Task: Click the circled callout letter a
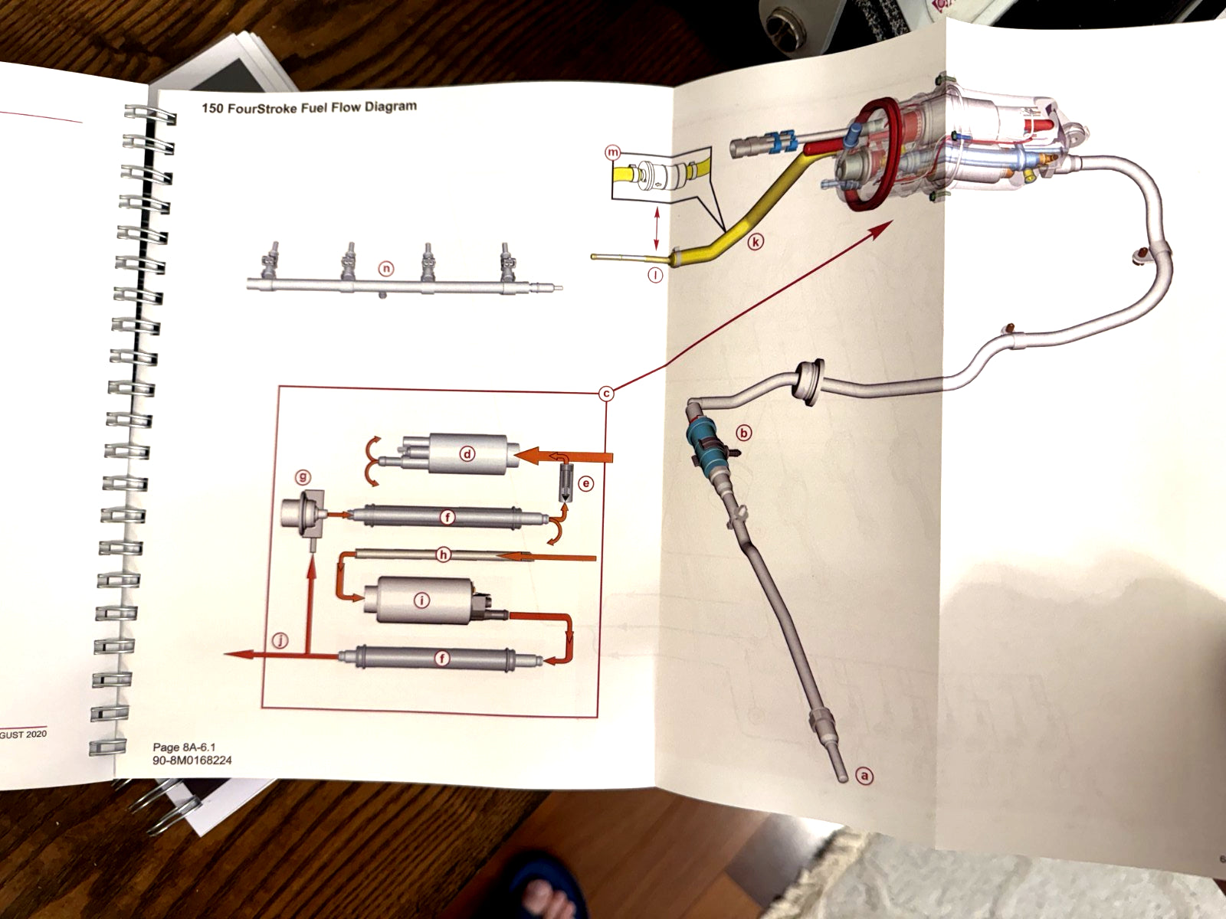[864, 776]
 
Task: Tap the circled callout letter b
[743, 433]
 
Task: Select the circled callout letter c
[606, 394]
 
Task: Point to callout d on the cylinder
[467, 453]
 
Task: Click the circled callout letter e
[585, 484]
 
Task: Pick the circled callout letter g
[303, 477]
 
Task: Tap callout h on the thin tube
[443, 554]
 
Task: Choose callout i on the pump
[421, 600]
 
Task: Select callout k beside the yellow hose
[756, 242]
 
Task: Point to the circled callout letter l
[655, 275]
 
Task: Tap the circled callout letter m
[612, 152]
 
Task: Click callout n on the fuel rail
[386, 269]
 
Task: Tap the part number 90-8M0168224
[192, 760]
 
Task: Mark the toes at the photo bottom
[546, 892]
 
